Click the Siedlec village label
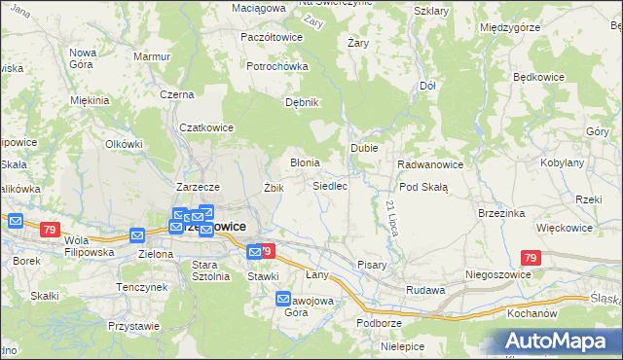pos(330,185)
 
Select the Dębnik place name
pos(301,101)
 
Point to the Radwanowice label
pos(430,164)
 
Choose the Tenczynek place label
pos(141,288)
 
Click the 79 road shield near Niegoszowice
pos(530,258)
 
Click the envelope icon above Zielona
pos(137,235)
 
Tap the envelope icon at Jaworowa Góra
pos(283,299)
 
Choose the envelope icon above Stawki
pos(254,252)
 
